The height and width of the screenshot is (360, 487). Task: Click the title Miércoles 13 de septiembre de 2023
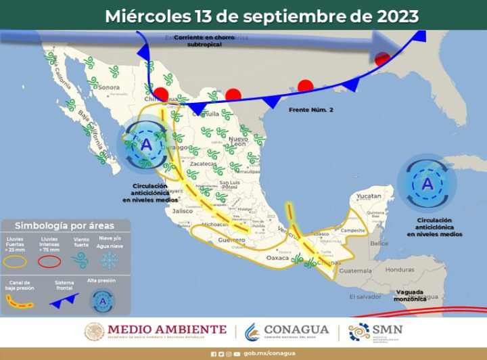click(x=261, y=16)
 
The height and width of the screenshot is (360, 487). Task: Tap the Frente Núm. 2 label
click(x=310, y=109)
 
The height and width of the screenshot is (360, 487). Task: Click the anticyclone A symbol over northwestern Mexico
click(x=147, y=143)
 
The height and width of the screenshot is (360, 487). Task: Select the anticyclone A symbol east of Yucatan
click(x=427, y=183)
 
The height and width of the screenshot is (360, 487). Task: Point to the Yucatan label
click(x=369, y=196)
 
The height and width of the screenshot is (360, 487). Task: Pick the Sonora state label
click(x=108, y=87)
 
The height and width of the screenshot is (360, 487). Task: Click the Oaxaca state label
click(x=278, y=258)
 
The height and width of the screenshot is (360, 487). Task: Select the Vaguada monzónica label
click(x=411, y=295)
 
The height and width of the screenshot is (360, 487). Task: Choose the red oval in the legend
click(x=49, y=261)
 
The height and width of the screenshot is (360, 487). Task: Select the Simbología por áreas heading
click(x=64, y=225)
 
